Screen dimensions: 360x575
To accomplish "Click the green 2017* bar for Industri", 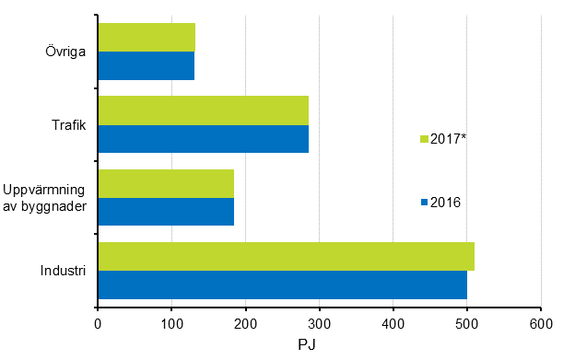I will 286,256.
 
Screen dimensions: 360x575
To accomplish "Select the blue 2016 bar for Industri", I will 282,285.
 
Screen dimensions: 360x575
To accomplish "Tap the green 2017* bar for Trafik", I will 203,110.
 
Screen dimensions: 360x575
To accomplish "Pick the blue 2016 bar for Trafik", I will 203,138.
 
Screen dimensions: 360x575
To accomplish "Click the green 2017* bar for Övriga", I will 147,37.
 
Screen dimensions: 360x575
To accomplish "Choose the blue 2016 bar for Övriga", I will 146,65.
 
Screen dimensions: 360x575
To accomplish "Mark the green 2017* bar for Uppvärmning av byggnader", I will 166,183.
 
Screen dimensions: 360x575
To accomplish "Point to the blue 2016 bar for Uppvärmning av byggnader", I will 166,211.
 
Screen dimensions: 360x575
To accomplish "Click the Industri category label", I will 63,271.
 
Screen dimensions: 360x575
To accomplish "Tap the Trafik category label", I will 68,124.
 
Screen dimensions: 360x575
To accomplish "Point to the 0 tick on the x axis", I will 98,323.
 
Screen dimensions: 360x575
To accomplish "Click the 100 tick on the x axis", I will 171,323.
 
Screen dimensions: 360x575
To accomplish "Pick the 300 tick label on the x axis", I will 319,323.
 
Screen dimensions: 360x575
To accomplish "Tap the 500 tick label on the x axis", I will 466,323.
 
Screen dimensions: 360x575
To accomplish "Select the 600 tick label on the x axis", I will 540,323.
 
